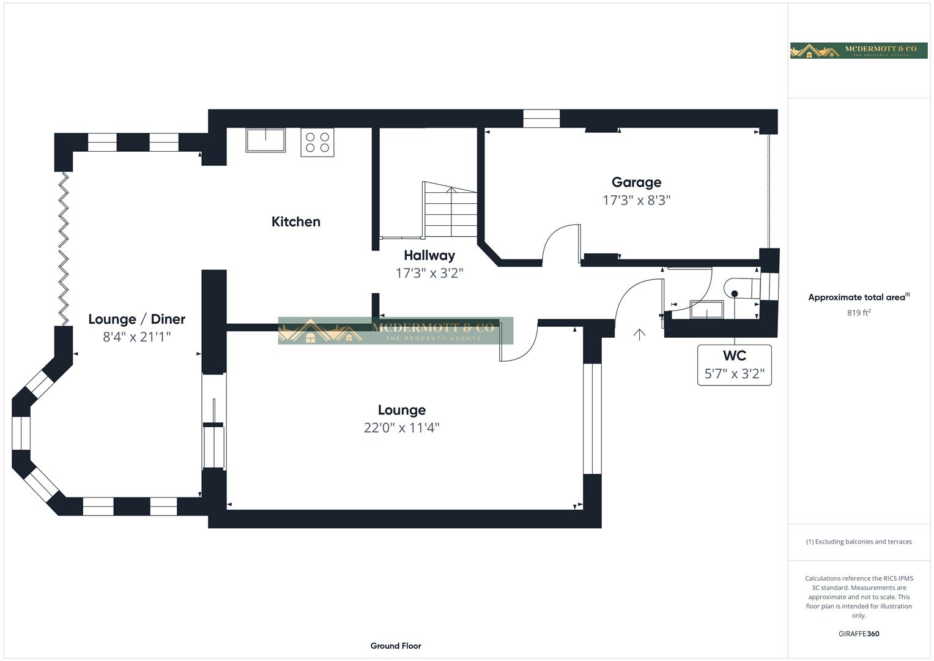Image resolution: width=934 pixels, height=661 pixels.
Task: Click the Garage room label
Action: point(636,182)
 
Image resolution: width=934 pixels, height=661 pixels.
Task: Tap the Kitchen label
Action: point(295,222)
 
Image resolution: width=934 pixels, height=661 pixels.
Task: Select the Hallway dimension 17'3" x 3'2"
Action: point(429,273)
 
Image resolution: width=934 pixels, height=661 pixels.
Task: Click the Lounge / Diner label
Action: point(136,319)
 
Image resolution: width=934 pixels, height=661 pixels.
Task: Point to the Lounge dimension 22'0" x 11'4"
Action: point(401,428)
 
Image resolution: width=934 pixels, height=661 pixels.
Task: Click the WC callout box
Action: point(734,365)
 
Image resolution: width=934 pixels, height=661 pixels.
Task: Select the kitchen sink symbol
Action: point(265,140)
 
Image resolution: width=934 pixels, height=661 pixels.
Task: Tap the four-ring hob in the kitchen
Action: point(317,143)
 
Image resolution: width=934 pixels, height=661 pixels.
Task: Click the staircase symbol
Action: point(450,209)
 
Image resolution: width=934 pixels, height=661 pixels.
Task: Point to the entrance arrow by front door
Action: point(639,334)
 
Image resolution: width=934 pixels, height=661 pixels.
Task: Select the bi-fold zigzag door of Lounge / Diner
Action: point(63,248)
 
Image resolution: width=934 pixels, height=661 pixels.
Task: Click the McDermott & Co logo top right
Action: point(858,51)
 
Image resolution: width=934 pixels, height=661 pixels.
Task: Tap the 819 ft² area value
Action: point(858,313)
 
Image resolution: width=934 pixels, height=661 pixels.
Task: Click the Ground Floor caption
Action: point(396,646)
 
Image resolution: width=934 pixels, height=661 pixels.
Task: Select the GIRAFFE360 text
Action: point(858,634)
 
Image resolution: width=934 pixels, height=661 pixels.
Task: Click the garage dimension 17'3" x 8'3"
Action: point(636,200)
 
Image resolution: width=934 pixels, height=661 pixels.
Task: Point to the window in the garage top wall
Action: point(541,118)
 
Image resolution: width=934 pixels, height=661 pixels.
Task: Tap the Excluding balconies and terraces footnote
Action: point(858,542)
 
